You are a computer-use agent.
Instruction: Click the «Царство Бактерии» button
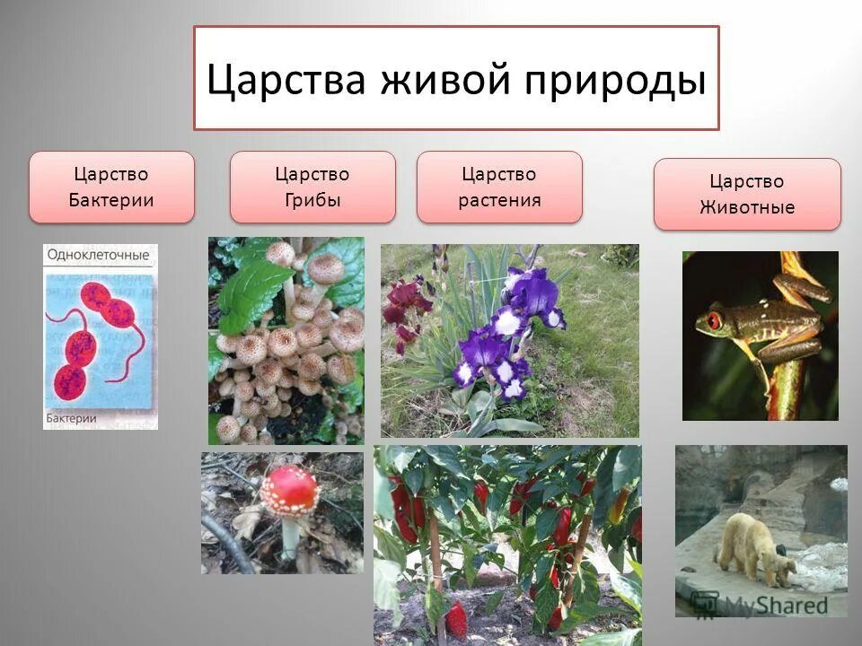pyautogui.click(x=111, y=187)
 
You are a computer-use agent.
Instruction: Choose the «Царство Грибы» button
pyautogui.click(x=312, y=187)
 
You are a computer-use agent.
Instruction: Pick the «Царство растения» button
pyautogui.click(x=499, y=187)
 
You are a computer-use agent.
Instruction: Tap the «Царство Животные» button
pyautogui.click(x=747, y=194)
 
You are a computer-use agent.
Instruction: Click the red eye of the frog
pyautogui.click(x=715, y=319)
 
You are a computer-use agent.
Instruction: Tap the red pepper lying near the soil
pyautogui.click(x=456, y=618)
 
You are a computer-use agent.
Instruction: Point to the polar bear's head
pyautogui.click(x=784, y=564)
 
